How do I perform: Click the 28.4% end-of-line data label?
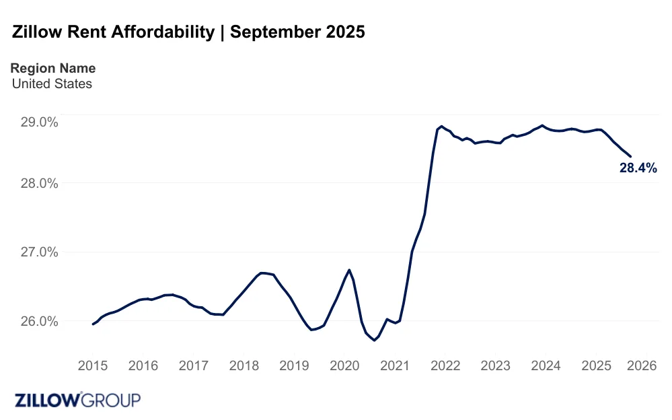click(x=637, y=168)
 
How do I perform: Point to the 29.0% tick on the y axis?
click(x=40, y=123)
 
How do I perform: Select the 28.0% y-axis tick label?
click(x=40, y=184)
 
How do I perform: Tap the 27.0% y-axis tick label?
click(x=40, y=252)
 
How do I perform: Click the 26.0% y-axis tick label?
click(x=40, y=321)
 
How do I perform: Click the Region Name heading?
click(x=53, y=68)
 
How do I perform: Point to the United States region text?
click(x=52, y=84)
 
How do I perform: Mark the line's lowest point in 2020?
click(x=374, y=341)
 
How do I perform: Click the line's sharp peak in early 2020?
click(x=349, y=270)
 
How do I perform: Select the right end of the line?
click(x=630, y=156)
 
